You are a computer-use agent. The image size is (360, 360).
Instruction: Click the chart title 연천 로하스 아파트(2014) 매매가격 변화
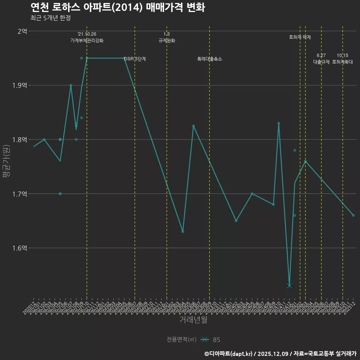(117, 7)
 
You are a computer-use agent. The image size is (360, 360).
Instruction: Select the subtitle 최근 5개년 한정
(50, 18)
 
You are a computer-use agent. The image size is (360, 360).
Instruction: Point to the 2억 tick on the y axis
(22, 31)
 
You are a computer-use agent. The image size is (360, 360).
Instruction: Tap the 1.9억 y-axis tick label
(19, 85)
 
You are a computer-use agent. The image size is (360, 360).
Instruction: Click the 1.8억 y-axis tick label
(19, 140)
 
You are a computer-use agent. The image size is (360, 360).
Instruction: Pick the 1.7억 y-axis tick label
(19, 194)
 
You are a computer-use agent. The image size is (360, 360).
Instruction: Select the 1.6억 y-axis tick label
(19, 248)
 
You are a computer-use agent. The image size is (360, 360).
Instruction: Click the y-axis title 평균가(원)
(6, 161)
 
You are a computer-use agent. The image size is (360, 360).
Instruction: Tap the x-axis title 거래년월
(193, 320)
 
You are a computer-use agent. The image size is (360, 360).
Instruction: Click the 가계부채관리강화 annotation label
(87, 40)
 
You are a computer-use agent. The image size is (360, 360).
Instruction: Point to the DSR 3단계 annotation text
(135, 59)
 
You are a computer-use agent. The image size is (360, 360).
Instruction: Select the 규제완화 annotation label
(167, 40)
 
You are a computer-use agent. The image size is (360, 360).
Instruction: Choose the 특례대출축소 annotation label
(210, 59)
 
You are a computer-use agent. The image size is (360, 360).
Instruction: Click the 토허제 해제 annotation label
(300, 37)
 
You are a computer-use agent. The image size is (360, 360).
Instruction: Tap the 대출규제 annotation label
(321, 62)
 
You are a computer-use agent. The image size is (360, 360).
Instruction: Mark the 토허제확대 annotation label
(343, 62)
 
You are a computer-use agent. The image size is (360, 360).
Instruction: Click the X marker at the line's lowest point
(289, 286)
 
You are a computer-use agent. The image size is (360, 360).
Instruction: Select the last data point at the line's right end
(353, 215)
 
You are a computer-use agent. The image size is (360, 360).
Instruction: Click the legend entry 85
(216, 340)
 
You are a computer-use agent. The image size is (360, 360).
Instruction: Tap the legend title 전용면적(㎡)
(181, 340)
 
